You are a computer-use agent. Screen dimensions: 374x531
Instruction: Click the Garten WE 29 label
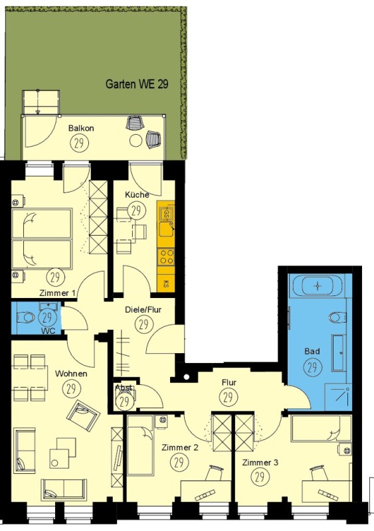point(137,84)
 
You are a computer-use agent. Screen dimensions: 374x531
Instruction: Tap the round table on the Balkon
point(136,140)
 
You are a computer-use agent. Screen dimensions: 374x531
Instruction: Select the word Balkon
point(81,128)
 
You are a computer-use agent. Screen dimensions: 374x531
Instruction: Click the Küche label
point(137,194)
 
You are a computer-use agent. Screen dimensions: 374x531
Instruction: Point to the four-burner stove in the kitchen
point(166,257)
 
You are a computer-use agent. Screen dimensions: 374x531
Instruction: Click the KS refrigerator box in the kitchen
point(166,283)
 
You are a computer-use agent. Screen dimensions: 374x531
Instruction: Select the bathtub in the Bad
point(318,286)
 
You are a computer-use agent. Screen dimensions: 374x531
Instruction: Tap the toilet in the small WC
point(25,317)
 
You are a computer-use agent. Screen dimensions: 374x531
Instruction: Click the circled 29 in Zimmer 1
point(55,277)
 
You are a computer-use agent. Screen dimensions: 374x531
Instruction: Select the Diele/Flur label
point(143,309)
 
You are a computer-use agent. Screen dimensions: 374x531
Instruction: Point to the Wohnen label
point(71,374)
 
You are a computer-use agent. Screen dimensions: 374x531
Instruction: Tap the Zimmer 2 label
point(180,447)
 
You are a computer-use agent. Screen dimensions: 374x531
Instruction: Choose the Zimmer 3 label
point(260,462)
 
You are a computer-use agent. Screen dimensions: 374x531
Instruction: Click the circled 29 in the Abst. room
point(124,402)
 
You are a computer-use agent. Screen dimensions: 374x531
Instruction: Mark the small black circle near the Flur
point(186,376)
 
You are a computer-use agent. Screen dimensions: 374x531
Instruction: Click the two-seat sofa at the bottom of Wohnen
point(64,490)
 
